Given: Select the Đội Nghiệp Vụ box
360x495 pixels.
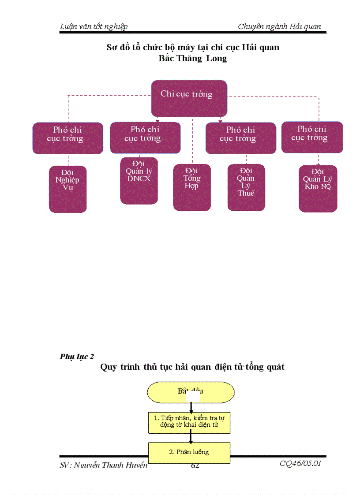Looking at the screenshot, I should (67, 189).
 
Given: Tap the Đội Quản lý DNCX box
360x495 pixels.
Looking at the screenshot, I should (139, 181).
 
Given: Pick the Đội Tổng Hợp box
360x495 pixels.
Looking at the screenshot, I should (192, 187).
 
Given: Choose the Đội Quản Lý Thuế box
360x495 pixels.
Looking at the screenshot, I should (246, 187).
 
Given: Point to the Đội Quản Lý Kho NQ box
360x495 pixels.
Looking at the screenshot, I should (318, 189).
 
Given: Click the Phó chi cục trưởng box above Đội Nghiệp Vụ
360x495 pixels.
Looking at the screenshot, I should (67, 138).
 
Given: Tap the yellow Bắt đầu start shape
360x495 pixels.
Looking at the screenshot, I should (191, 391).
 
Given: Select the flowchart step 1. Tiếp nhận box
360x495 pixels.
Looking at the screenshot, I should (190, 422).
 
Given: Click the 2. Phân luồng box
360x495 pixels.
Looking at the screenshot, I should (190, 452).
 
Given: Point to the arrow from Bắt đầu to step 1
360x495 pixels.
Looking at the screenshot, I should (191, 406).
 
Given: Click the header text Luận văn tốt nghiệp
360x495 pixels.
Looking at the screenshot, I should (94, 26).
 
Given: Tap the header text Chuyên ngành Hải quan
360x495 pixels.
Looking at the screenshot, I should (279, 26).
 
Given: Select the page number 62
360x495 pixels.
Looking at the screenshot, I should (195, 466).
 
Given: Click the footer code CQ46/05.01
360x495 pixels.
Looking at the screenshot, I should (300, 464).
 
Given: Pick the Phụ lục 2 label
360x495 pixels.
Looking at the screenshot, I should (77, 357).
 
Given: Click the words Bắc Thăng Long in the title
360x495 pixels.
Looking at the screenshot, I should (193, 58).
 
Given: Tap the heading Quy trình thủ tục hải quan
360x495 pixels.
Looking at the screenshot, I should (192, 367).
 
